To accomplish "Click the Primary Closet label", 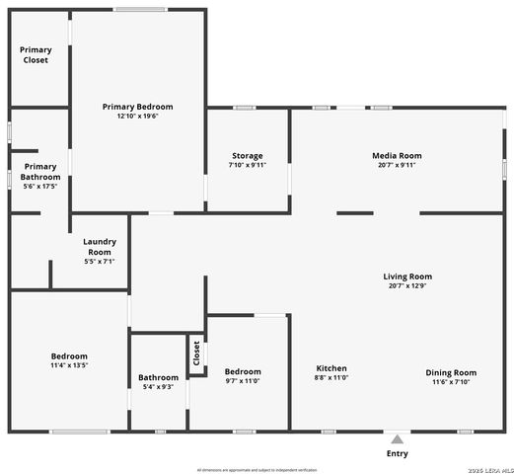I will [36, 55].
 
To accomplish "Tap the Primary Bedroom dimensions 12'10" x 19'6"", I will [138, 117].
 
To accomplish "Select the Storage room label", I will [248, 156].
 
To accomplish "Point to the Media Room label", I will [397, 156].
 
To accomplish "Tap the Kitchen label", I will [331, 368].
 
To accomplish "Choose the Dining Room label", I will [451, 372].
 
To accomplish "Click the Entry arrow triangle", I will [397, 438].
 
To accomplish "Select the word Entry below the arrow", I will [397, 454].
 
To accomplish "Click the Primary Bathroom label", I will [40, 172].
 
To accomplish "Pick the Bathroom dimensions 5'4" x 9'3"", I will [158, 386].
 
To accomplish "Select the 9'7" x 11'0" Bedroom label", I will [243, 380].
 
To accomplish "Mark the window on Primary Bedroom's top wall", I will [139, 10].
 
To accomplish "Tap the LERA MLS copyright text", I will [481, 469].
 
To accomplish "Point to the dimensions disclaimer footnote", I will [257, 469].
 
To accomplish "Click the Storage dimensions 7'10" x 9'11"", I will [248, 165].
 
